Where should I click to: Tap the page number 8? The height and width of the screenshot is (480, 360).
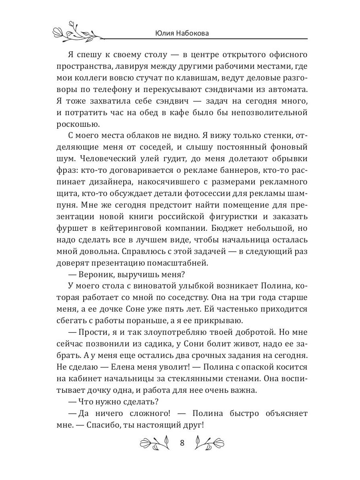coord(182,443)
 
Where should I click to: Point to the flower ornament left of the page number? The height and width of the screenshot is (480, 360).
coord(154,443)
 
